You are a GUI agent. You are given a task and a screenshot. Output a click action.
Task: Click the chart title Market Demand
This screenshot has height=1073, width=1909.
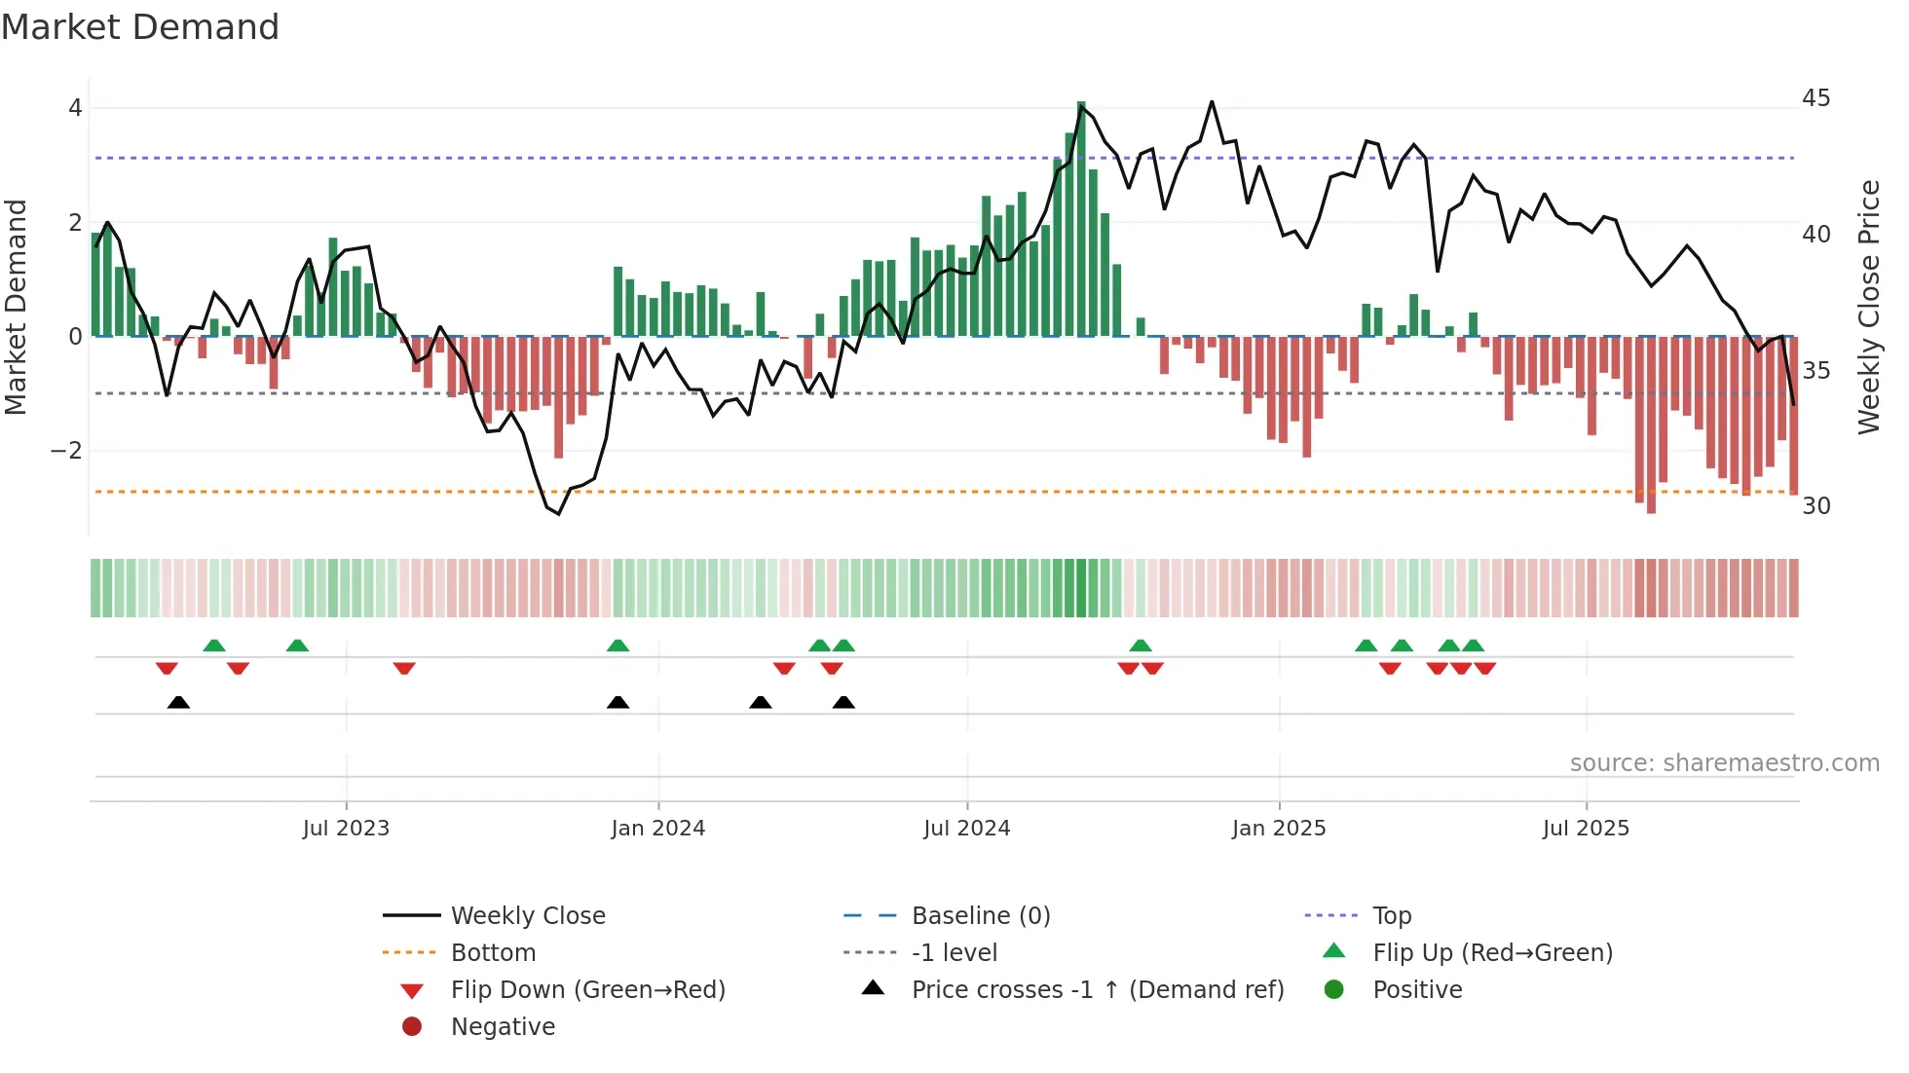140,27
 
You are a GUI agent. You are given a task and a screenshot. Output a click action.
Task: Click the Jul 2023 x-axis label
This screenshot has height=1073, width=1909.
346,829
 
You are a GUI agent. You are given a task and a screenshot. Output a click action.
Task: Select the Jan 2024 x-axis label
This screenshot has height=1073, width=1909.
657,829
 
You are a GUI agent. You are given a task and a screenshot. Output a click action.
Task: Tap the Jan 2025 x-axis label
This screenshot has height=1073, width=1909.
1278,829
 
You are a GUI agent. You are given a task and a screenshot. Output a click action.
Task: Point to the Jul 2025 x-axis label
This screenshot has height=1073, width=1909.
1586,829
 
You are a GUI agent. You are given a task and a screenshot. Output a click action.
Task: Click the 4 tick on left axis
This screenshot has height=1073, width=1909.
75,108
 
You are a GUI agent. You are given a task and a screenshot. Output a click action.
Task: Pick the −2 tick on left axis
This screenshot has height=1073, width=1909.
66,451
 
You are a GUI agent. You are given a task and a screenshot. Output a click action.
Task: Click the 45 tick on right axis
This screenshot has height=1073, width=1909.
1815,98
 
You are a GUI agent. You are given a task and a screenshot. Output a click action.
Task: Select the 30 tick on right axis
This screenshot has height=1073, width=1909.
1815,506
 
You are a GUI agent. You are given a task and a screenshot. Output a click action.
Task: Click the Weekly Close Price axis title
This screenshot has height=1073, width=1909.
1868,307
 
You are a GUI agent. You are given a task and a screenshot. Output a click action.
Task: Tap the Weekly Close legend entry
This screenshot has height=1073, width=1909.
527,916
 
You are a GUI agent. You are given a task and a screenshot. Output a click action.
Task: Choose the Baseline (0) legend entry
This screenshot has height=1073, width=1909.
980,916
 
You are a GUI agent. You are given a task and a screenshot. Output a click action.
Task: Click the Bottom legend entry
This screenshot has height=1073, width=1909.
493,953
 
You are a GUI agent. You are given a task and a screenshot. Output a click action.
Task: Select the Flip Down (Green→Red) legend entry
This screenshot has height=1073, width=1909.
587,990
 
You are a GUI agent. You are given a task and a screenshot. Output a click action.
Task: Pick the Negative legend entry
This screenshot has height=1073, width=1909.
503,1027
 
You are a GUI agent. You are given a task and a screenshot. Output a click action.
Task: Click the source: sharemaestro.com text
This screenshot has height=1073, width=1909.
1724,763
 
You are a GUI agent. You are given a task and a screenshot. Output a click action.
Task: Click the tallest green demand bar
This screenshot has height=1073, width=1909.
1081,219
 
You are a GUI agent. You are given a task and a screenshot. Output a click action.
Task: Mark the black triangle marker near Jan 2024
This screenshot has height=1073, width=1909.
618,703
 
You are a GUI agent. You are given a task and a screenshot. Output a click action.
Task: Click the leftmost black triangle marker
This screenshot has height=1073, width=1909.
178,703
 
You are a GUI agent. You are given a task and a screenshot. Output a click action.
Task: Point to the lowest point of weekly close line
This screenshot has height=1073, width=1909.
558,513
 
